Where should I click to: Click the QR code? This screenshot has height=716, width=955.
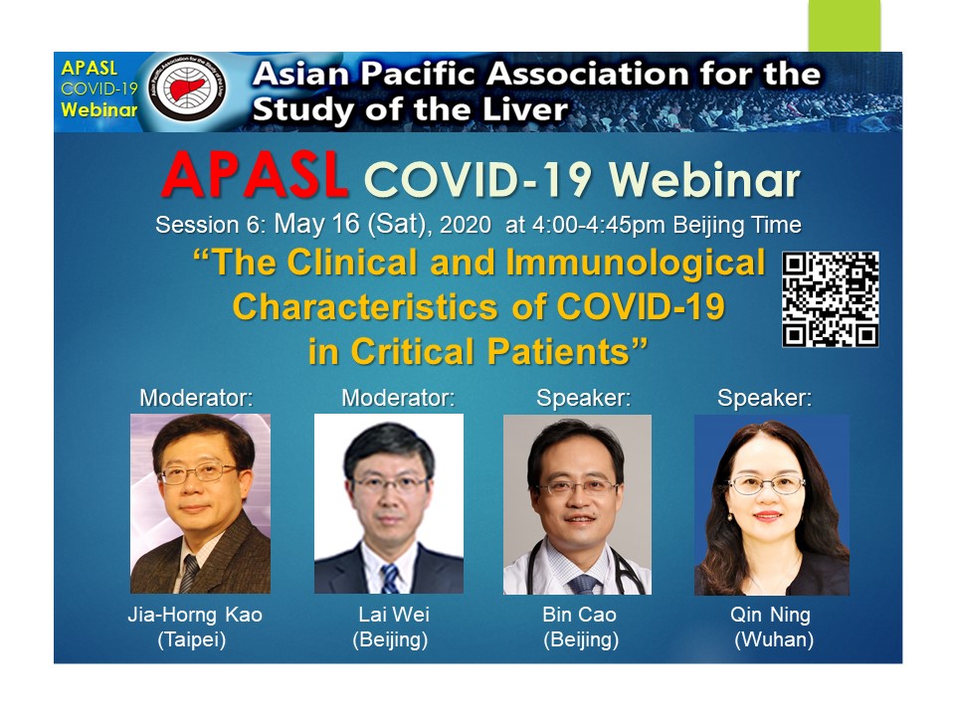pos(830,299)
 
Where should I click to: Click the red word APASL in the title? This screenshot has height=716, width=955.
pos(256,175)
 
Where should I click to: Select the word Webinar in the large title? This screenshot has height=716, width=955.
pos(704,180)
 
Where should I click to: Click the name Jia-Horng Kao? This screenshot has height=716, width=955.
pos(195,615)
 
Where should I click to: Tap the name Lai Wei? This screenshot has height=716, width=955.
pos(394,614)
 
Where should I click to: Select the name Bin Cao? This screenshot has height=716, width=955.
pos(579,614)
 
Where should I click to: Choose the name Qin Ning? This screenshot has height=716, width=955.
pos(770,615)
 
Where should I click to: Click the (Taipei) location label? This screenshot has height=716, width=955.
pos(192,639)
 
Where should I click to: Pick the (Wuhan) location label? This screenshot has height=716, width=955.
pos(774,639)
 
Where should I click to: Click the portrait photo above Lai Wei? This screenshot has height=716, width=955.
pos(389,503)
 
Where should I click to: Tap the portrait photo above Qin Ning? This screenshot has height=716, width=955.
pos(772,505)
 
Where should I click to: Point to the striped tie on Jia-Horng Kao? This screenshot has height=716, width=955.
pos(189,573)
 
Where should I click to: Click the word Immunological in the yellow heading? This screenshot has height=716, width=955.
pos(635,263)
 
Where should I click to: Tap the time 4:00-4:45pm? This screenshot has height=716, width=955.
pos(599,225)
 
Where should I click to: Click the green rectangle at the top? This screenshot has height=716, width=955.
pos(845,26)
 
